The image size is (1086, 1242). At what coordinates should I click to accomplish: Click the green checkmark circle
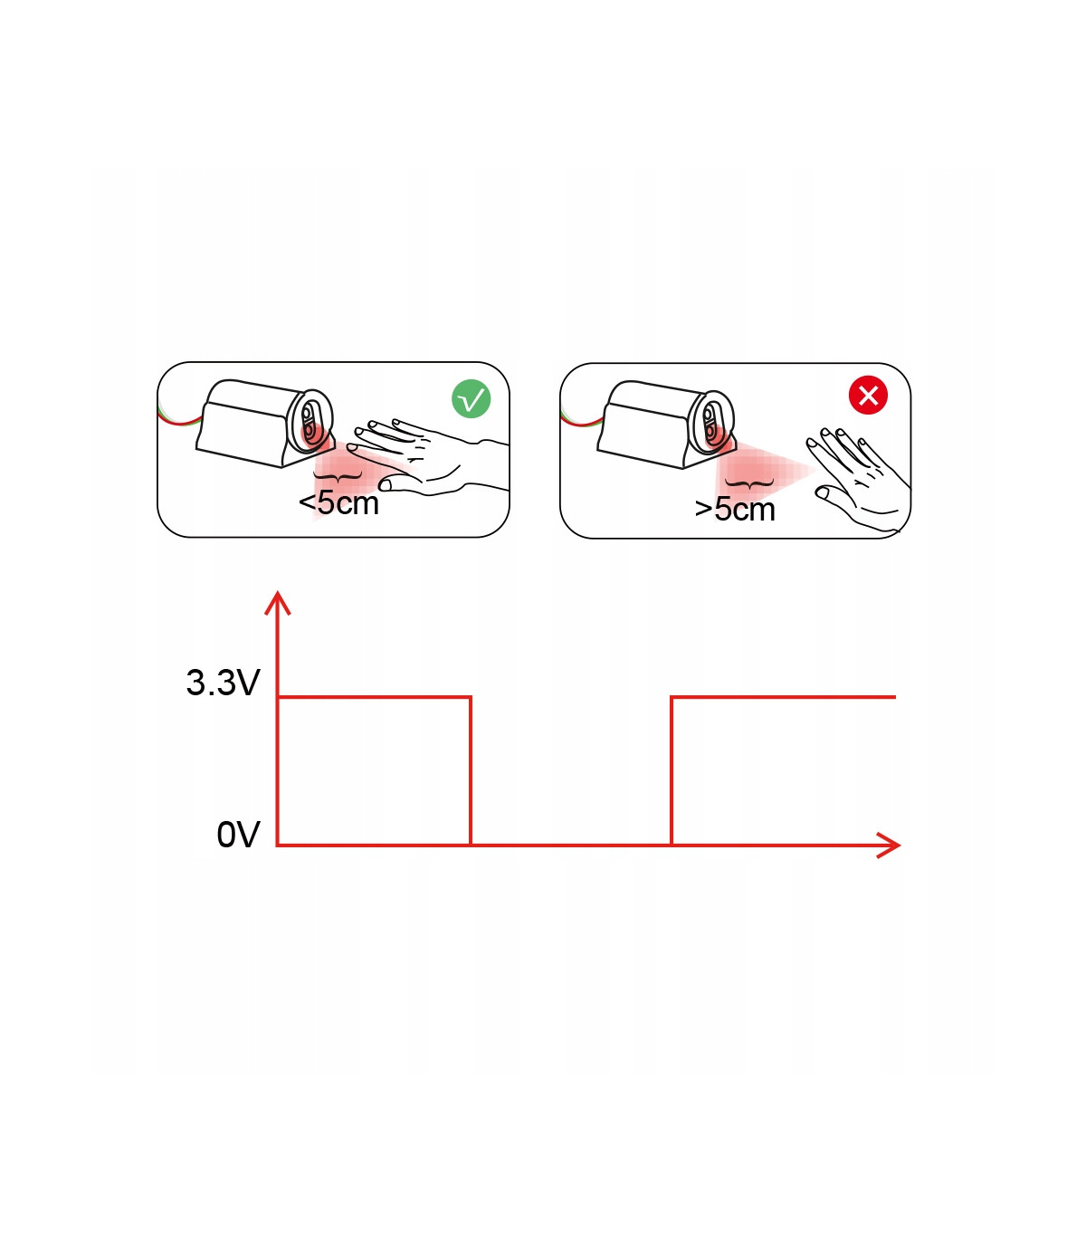(471, 399)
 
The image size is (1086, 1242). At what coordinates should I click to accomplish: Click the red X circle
(868, 396)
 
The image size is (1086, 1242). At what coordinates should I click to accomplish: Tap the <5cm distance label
(338, 503)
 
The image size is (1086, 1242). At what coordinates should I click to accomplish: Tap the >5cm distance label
(735, 510)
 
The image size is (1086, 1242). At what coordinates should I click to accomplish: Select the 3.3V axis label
(223, 683)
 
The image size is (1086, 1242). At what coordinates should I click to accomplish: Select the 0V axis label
(238, 835)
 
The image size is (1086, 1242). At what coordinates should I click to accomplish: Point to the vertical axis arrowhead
(277, 603)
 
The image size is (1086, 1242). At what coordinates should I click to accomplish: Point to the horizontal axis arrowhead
(889, 846)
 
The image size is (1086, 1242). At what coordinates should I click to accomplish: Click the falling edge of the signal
(471, 771)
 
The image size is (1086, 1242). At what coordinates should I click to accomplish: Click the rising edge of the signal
(671, 771)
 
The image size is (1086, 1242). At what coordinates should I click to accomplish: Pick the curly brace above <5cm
(338, 476)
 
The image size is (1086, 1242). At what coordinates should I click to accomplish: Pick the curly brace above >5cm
(749, 483)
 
